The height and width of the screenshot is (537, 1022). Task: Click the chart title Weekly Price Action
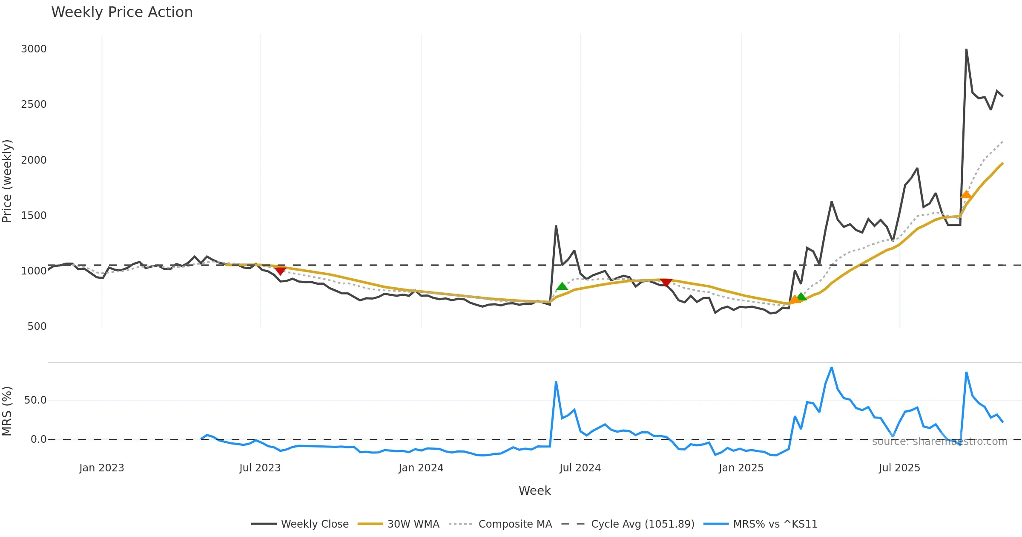click(122, 12)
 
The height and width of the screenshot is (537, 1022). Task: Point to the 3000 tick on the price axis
click(34, 49)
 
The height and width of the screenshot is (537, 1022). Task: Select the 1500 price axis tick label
click(34, 216)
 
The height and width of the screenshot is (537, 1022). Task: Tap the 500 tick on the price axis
click(37, 326)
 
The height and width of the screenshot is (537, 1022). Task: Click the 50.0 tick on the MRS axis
click(35, 400)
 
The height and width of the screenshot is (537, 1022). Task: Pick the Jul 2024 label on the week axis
click(580, 468)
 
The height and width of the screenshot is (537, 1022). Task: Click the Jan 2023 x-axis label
click(101, 468)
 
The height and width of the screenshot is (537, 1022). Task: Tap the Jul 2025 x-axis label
click(899, 468)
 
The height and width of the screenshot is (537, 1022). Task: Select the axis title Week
click(534, 491)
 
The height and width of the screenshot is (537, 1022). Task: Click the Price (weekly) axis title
click(7, 181)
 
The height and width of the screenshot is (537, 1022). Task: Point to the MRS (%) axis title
click(7, 411)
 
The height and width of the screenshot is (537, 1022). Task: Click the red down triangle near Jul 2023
click(280, 271)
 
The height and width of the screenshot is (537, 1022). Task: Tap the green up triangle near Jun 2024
click(562, 286)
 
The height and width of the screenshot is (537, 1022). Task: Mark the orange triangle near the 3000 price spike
click(966, 195)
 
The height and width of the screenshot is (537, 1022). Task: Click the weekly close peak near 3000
click(966, 49)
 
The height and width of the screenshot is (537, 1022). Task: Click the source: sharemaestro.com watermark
click(939, 442)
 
